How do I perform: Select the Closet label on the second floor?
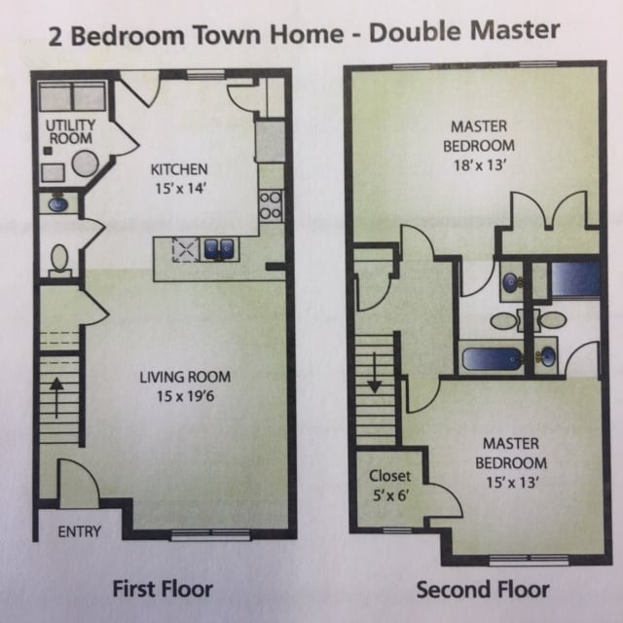pyautogui.click(x=389, y=477)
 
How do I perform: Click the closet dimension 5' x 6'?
pyautogui.click(x=389, y=496)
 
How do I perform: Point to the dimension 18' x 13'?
pyautogui.click(x=478, y=165)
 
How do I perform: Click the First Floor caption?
pyautogui.click(x=163, y=588)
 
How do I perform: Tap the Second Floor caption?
pyautogui.click(x=483, y=589)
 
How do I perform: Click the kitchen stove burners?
pyautogui.click(x=270, y=203)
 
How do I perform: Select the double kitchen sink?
pyautogui.click(x=217, y=250)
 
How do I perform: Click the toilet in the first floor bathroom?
pyautogui.click(x=59, y=258)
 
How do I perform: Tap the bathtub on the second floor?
pyautogui.click(x=493, y=359)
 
